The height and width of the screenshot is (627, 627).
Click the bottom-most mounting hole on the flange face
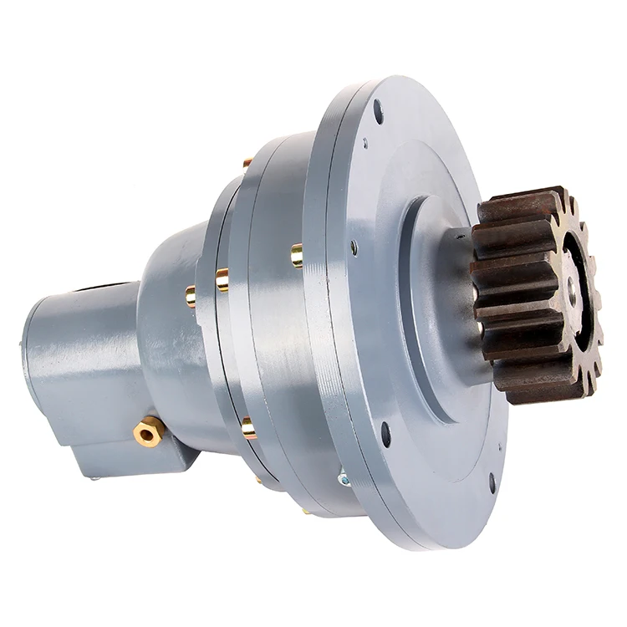492,483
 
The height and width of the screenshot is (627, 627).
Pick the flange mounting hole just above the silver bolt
385,434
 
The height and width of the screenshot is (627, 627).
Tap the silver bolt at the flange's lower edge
343,479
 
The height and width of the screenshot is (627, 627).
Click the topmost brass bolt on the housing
247,162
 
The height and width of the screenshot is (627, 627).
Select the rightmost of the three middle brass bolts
297,255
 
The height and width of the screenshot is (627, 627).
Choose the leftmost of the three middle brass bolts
191,295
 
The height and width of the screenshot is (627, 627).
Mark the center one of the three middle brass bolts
222,279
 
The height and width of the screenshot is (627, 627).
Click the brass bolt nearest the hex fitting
248,428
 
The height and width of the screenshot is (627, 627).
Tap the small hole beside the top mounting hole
364,144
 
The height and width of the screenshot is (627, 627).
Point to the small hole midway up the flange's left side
354,247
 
